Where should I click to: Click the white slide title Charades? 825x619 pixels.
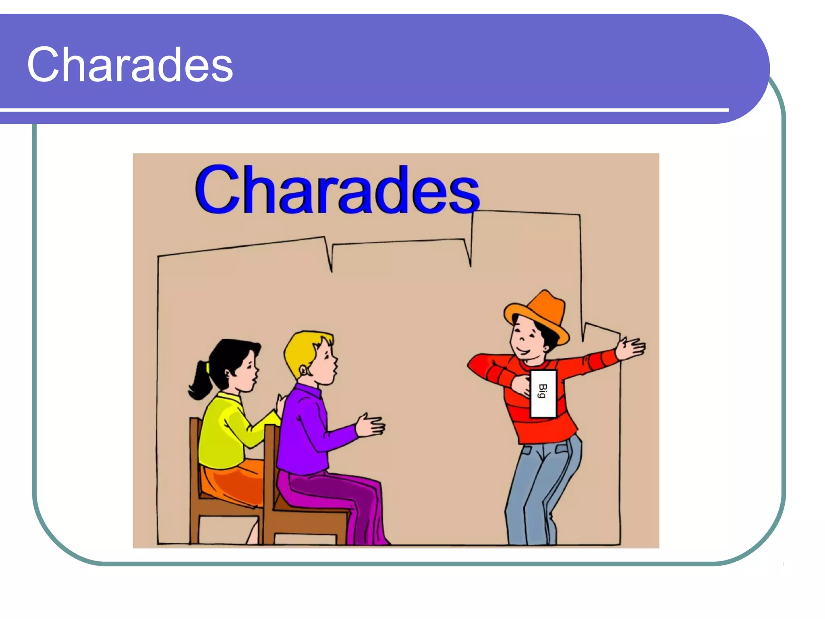(x=130, y=64)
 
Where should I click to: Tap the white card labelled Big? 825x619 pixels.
(x=543, y=393)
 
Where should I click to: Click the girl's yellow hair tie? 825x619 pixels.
(x=208, y=367)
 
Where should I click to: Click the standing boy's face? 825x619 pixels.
(x=526, y=339)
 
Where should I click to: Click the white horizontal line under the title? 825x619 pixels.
(x=363, y=110)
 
